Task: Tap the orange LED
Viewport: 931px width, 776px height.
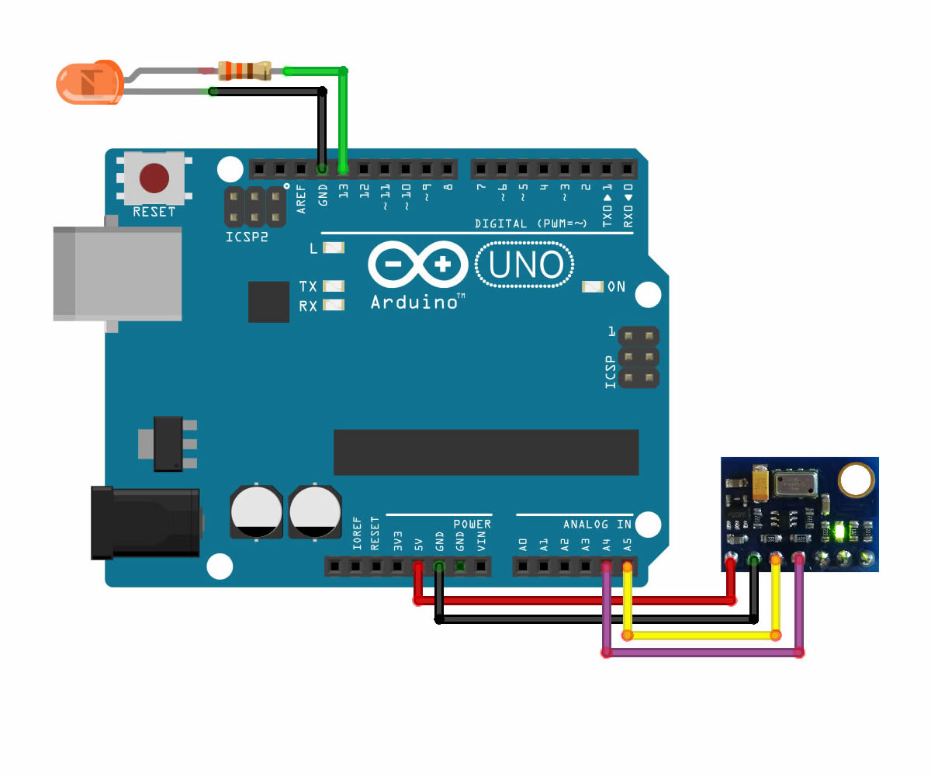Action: [87, 83]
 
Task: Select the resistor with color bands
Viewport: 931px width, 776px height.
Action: [245, 71]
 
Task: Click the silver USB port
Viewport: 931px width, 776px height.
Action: [116, 273]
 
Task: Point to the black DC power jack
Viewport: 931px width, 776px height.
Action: [144, 522]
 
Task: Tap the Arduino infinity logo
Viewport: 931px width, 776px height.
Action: [417, 265]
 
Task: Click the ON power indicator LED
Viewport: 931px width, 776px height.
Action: [592, 287]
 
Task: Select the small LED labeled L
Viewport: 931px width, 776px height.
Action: [333, 248]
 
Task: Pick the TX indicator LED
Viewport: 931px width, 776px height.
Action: [333, 286]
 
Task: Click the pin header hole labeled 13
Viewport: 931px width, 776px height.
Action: [343, 168]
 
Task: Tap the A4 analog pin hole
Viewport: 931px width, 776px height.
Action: [607, 567]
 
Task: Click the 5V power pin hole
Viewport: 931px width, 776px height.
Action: [417, 567]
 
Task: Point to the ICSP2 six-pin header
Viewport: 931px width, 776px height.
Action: [254, 206]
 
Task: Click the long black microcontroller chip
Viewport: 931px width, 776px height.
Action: [486, 452]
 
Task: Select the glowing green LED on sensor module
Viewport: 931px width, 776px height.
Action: [838, 532]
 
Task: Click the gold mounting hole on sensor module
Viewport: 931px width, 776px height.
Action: [855, 480]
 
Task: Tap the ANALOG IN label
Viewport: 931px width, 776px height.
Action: [597, 524]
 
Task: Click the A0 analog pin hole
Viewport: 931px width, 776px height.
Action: [523, 567]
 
